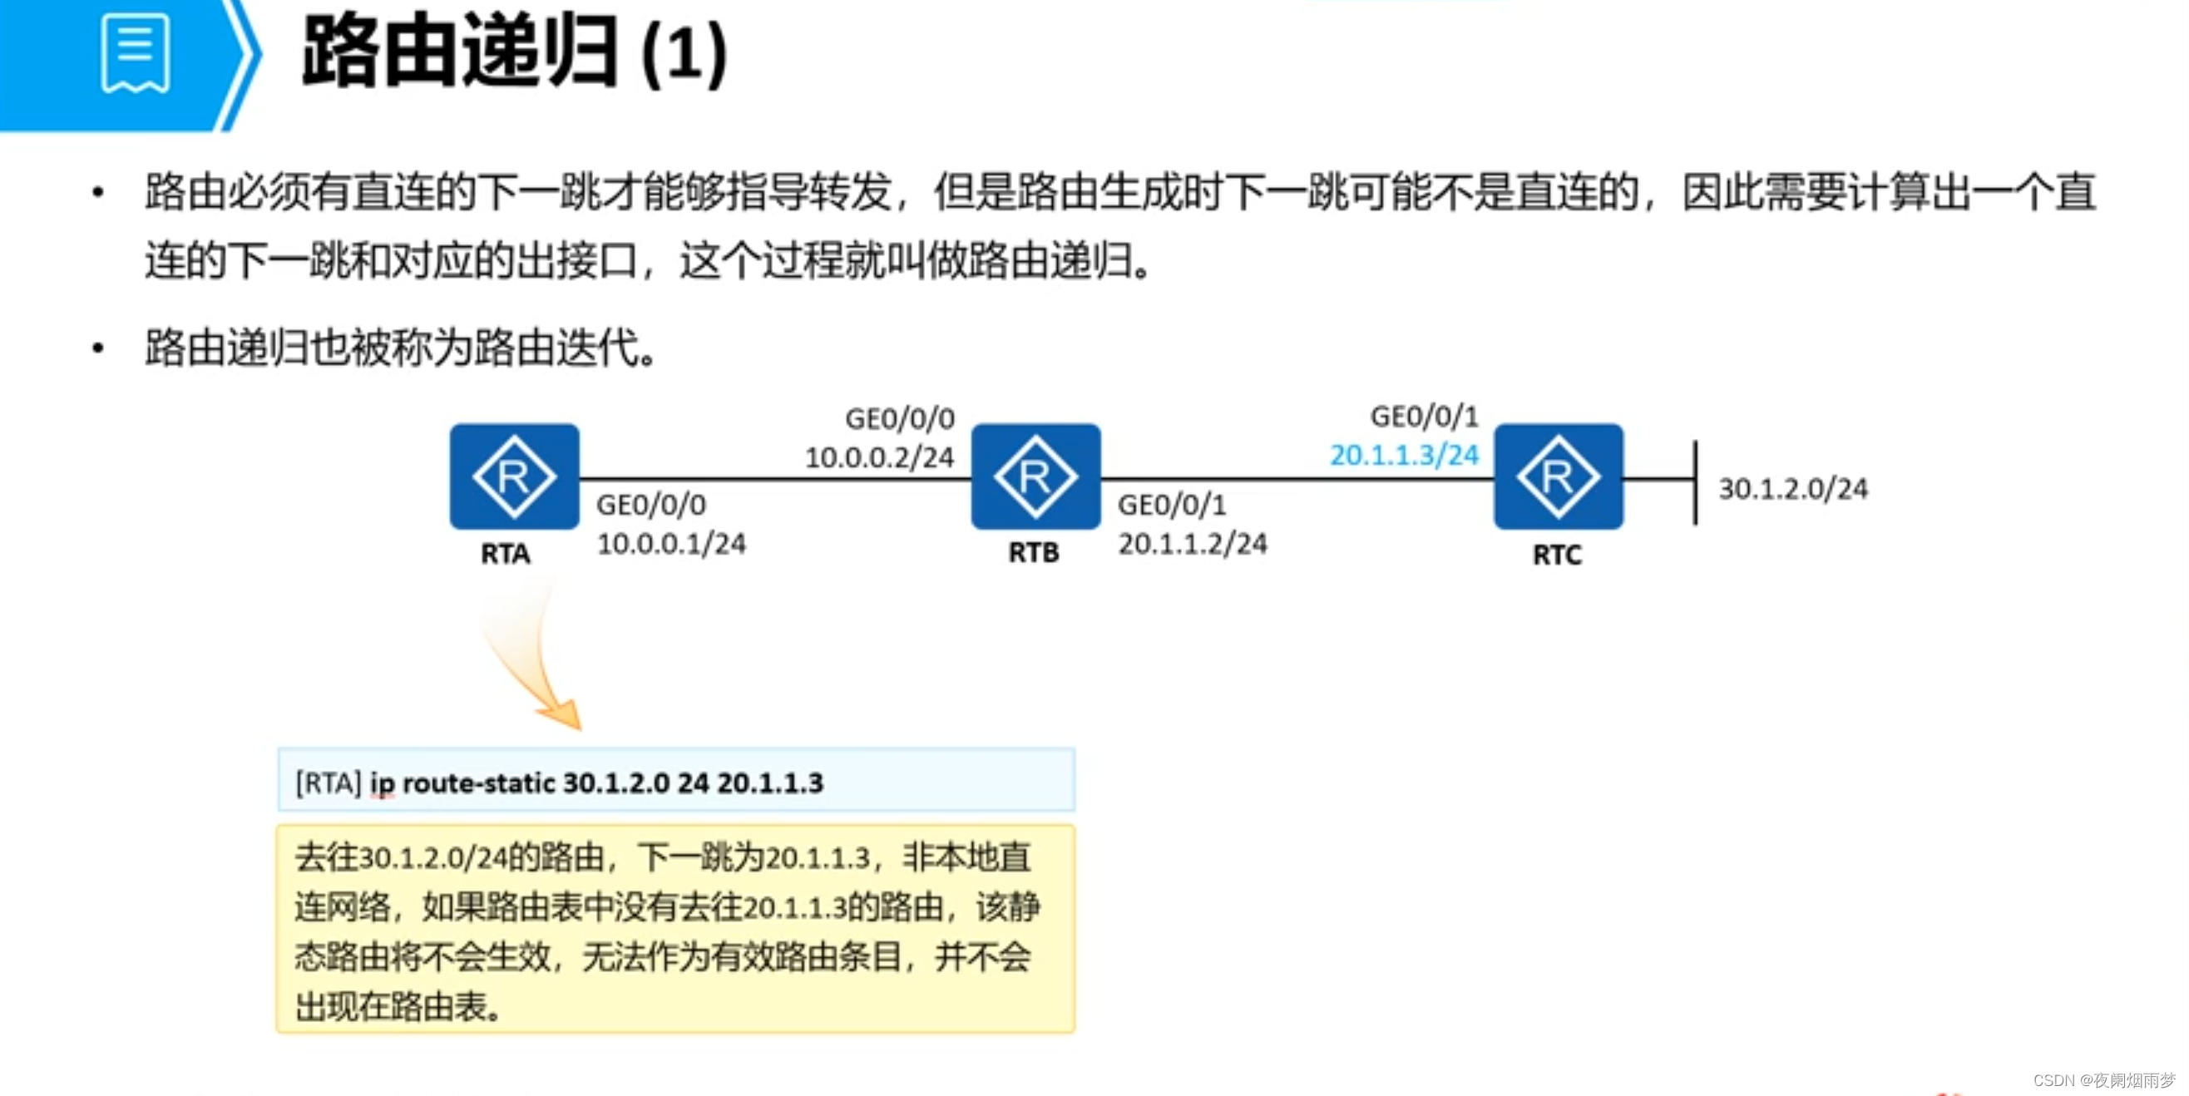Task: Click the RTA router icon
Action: (x=514, y=476)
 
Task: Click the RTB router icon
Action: (x=1036, y=476)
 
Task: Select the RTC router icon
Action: (x=1559, y=476)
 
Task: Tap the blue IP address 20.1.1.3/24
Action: (x=1404, y=456)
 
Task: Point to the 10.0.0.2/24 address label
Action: (x=880, y=458)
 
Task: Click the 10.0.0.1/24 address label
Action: (x=671, y=544)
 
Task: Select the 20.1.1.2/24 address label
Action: (x=1193, y=544)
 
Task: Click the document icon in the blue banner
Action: (x=134, y=52)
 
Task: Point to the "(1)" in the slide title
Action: (x=684, y=54)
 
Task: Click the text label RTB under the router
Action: (x=1033, y=553)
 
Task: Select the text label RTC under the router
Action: (x=1557, y=555)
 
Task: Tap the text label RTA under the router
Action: (x=506, y=554)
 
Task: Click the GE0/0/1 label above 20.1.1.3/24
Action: (x=1424, y=417)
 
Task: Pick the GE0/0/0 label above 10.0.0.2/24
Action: (x=900, y=418)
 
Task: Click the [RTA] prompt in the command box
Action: (x=328, y=783)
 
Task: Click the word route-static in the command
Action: (x=478, y=783)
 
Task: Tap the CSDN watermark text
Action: (x=2103, y=1080)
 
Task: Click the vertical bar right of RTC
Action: (x=1695, y=482)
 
